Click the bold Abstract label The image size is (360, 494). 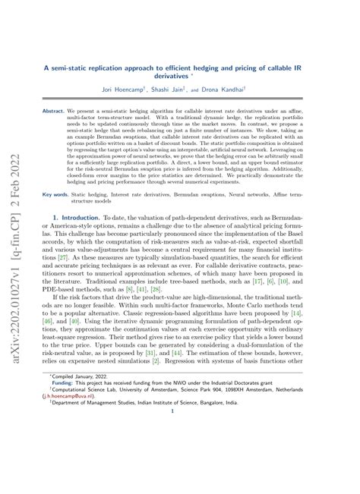[53, 110]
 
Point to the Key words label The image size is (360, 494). [55, 193]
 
